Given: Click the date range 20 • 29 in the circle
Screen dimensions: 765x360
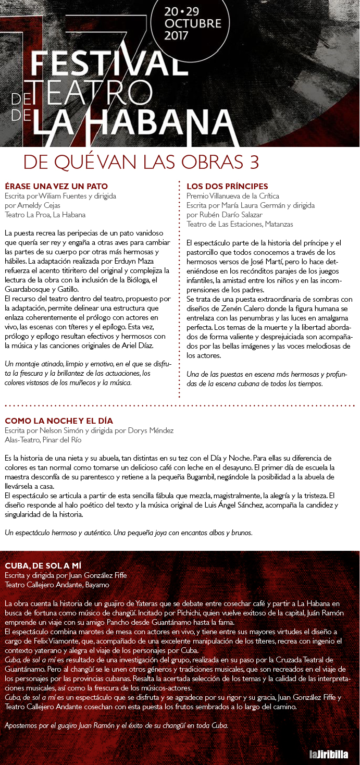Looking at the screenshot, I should pyautogui.click(x=192, y=10).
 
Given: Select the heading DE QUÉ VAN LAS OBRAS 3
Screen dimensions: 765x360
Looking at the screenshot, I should pyautogui.click(x=141, y=162).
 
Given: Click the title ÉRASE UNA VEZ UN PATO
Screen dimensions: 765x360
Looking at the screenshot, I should pyautogui.click(x=56, y=186).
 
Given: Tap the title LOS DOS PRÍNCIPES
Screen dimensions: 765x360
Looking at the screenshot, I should pyautogui.click(x=227, y=186).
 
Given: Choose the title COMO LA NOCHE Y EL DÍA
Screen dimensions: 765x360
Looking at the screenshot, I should pyautogui.click(x=59, y=421).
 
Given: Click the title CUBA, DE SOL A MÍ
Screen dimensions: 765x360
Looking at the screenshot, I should pyautogui.click(x=43, y=565).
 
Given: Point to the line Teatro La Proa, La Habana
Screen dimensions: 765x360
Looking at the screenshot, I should pyautogui.click(x=45, y=214).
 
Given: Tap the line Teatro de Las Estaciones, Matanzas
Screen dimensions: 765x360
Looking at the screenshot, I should pyautogui.click(x=240, y=224).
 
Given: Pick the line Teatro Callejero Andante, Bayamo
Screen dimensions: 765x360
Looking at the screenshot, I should pyautogui.click(x=58, y=585).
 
